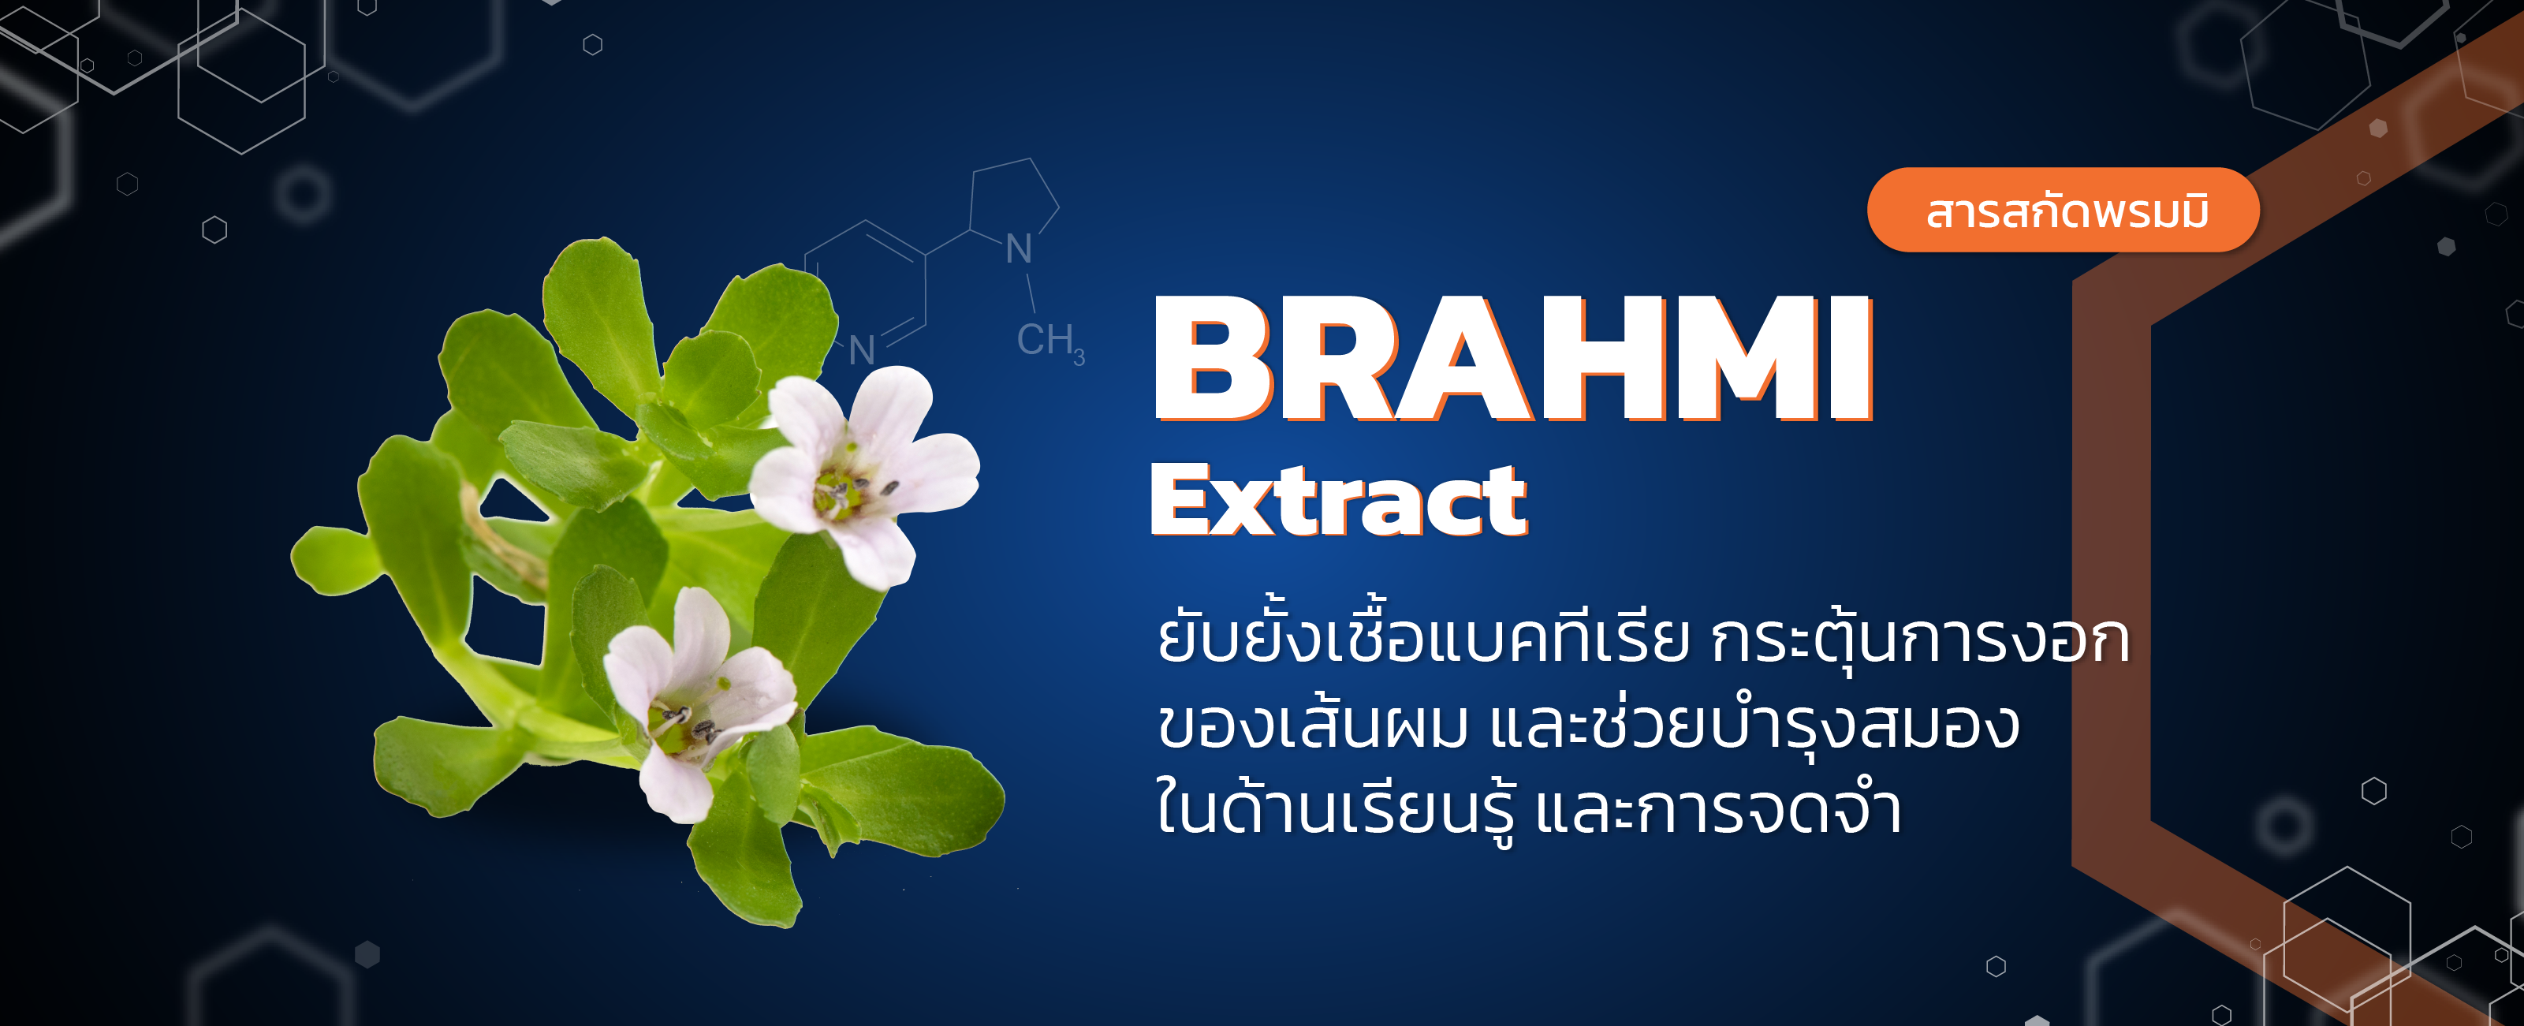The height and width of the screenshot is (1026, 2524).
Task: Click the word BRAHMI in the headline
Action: (1514, 360)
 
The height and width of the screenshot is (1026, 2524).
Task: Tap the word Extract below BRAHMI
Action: (1338, 502)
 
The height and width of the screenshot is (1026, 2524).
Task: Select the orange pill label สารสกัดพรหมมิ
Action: (2064, 211)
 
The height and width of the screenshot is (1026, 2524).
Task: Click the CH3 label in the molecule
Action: (1049, 341)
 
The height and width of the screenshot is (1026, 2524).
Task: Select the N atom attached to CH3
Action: (1019, 250)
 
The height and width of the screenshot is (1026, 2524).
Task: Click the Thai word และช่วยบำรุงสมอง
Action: (1754, 726)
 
